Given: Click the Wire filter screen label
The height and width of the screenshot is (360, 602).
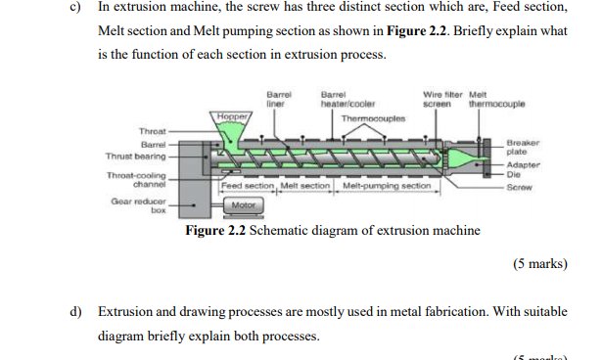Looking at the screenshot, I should point(437,99).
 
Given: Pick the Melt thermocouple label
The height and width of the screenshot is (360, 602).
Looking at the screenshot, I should point(490,99).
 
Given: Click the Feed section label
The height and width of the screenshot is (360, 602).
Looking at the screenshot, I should point(249,185).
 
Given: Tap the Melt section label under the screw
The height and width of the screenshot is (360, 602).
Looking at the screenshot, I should point(307,185).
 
